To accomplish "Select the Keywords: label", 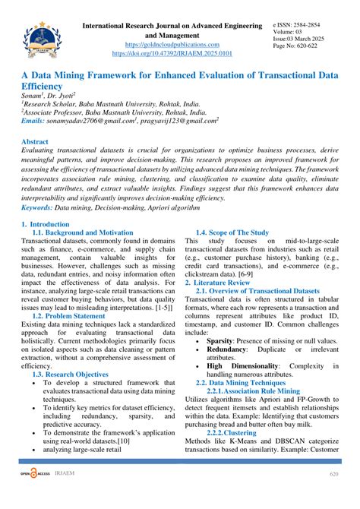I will pyautogui.click(x=43, y=207).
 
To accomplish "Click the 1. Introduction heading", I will pyautogui.click(x=45, y=225).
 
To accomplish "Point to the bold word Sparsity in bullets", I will pyautogui.click(x=224, y=342).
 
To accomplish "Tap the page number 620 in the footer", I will pyautogui.click(x=333, y=495).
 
